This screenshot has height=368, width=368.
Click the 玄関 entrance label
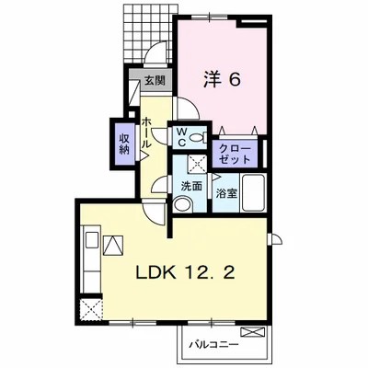155,80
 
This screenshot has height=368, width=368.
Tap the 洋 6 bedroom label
222,80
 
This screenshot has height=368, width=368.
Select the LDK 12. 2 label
186,272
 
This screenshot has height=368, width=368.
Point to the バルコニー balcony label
213,345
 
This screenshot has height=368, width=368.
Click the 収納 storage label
125,144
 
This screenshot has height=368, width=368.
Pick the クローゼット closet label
235,155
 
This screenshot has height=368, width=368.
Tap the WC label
181,138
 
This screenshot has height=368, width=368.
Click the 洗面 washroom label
191,186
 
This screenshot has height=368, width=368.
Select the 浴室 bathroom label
226,193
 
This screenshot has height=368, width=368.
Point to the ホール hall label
146,132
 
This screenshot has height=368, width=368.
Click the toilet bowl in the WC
198,138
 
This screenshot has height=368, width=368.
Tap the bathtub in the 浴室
254,192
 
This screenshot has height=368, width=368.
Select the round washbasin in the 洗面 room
182,204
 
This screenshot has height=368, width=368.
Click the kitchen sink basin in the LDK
92,240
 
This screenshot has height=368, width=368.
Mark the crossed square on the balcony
253,332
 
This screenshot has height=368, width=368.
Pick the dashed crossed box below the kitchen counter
91,309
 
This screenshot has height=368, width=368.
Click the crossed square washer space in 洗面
197,165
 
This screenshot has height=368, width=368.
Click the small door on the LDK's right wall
275,239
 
